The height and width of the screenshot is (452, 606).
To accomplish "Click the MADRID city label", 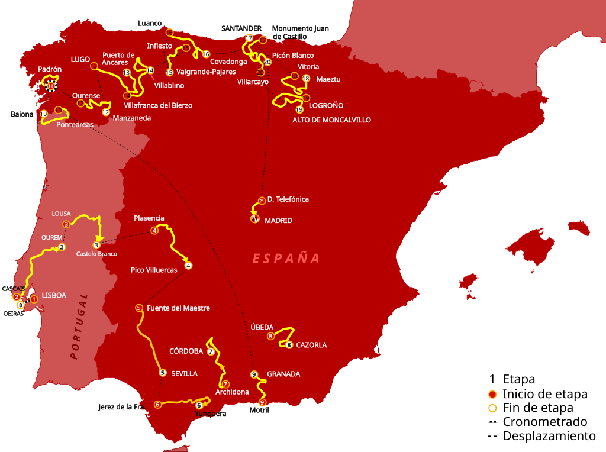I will [278, 221].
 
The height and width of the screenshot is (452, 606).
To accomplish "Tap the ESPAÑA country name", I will [286, 259].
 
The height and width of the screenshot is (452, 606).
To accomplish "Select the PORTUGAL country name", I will [78, 326].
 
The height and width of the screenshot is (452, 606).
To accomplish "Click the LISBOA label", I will [54, 295].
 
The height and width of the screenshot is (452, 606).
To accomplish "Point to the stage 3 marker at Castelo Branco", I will [96, 245].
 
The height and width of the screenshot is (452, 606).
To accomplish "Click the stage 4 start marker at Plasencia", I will [154, 231].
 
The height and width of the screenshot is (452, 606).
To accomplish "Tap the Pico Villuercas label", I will [154, 270].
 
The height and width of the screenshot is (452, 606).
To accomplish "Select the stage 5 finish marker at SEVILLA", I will [163, 373].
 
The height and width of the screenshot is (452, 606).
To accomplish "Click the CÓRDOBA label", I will [186, 351].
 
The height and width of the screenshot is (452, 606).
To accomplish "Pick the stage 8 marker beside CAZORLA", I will [289, 345].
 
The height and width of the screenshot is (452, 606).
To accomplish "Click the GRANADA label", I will [283, 374].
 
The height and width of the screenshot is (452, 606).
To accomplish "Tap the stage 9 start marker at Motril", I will [262, 402].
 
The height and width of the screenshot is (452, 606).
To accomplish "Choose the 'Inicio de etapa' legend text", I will [544, 394].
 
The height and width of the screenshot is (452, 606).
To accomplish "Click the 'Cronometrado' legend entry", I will [544, 422].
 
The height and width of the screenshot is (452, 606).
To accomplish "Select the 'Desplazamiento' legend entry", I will [549, 436].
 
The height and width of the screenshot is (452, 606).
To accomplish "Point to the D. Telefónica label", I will [288, 199].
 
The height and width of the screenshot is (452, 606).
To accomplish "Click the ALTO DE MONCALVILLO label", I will [331, 120].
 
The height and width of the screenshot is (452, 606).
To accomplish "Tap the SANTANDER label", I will [241, 28].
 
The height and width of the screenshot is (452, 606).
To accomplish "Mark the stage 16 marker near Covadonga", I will [206, 54].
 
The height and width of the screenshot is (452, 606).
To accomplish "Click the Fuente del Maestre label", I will [178, 308].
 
